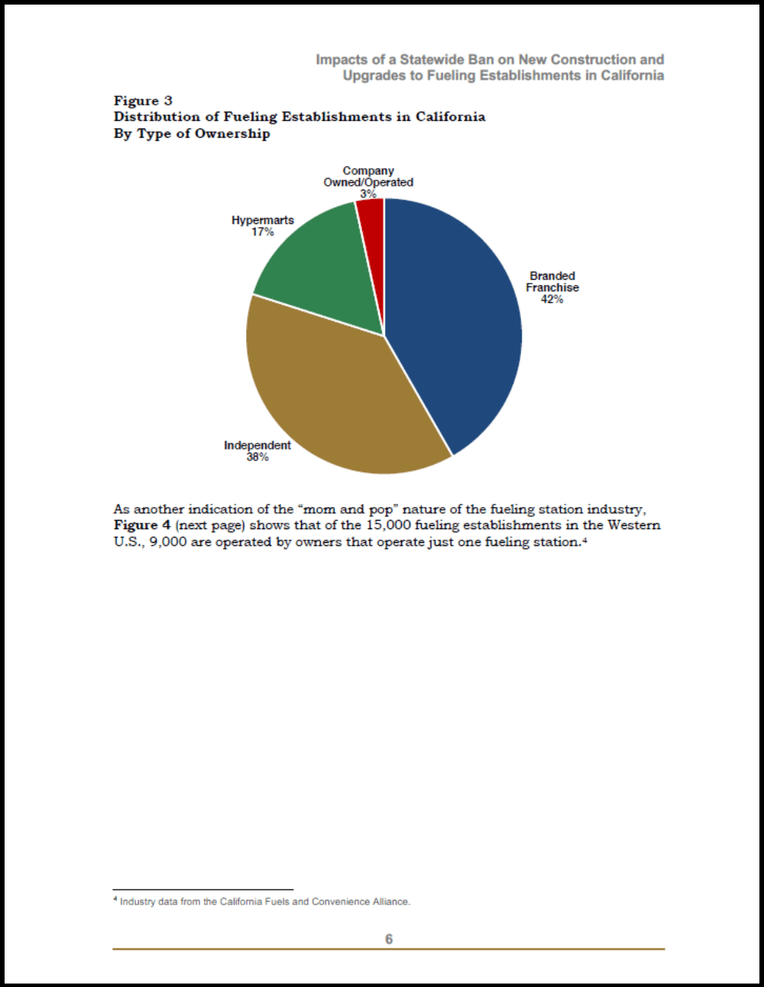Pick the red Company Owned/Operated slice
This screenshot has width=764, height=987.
coord(371,222)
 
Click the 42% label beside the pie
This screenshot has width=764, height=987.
coord(552,300)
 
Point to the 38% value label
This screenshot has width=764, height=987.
coord(257,457)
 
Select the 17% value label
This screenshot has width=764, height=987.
coord(263,232)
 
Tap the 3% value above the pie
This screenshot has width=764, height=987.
coord(368,194)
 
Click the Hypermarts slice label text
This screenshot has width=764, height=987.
coord(263,220)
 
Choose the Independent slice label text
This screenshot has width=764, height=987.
coord(257,446)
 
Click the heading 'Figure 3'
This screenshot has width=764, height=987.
coord(143,101)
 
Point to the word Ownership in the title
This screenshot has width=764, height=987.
coord(232,134)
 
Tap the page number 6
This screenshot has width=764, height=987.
coord(389,939)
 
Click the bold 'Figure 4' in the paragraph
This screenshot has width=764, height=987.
coord(142,525)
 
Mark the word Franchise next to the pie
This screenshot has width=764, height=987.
coord(552,287)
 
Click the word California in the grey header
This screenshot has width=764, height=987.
coord(632,76)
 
